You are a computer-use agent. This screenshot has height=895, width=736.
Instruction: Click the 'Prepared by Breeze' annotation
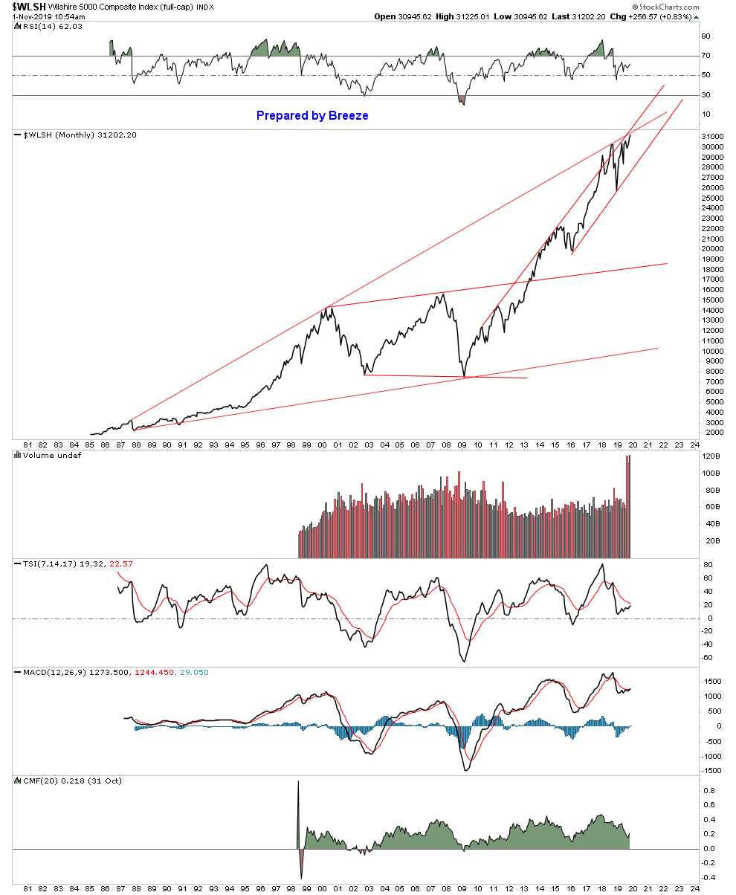tap(312, 115)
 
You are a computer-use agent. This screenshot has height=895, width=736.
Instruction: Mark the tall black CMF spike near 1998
tap(298, 803)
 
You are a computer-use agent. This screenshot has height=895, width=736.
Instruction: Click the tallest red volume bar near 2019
tap(628, 505)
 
